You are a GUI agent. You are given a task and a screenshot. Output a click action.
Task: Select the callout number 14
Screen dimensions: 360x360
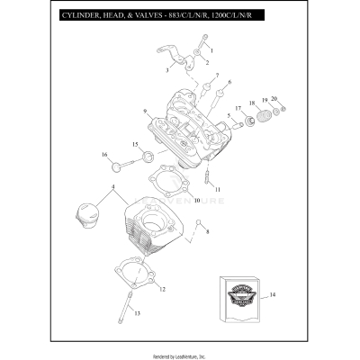point(273,295)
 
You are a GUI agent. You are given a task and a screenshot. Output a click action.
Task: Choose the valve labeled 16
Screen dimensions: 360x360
point(123,165)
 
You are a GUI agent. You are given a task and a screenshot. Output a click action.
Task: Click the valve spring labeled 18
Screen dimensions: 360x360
point(264,115)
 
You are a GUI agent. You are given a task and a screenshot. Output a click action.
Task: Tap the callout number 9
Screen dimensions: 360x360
point(144,111)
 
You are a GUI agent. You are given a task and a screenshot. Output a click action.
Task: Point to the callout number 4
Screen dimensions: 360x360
point(112,187)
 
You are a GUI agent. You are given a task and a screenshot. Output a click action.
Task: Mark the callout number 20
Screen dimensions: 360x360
point(274,97)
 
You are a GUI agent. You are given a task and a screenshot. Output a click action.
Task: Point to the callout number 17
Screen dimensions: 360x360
point(238,108)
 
